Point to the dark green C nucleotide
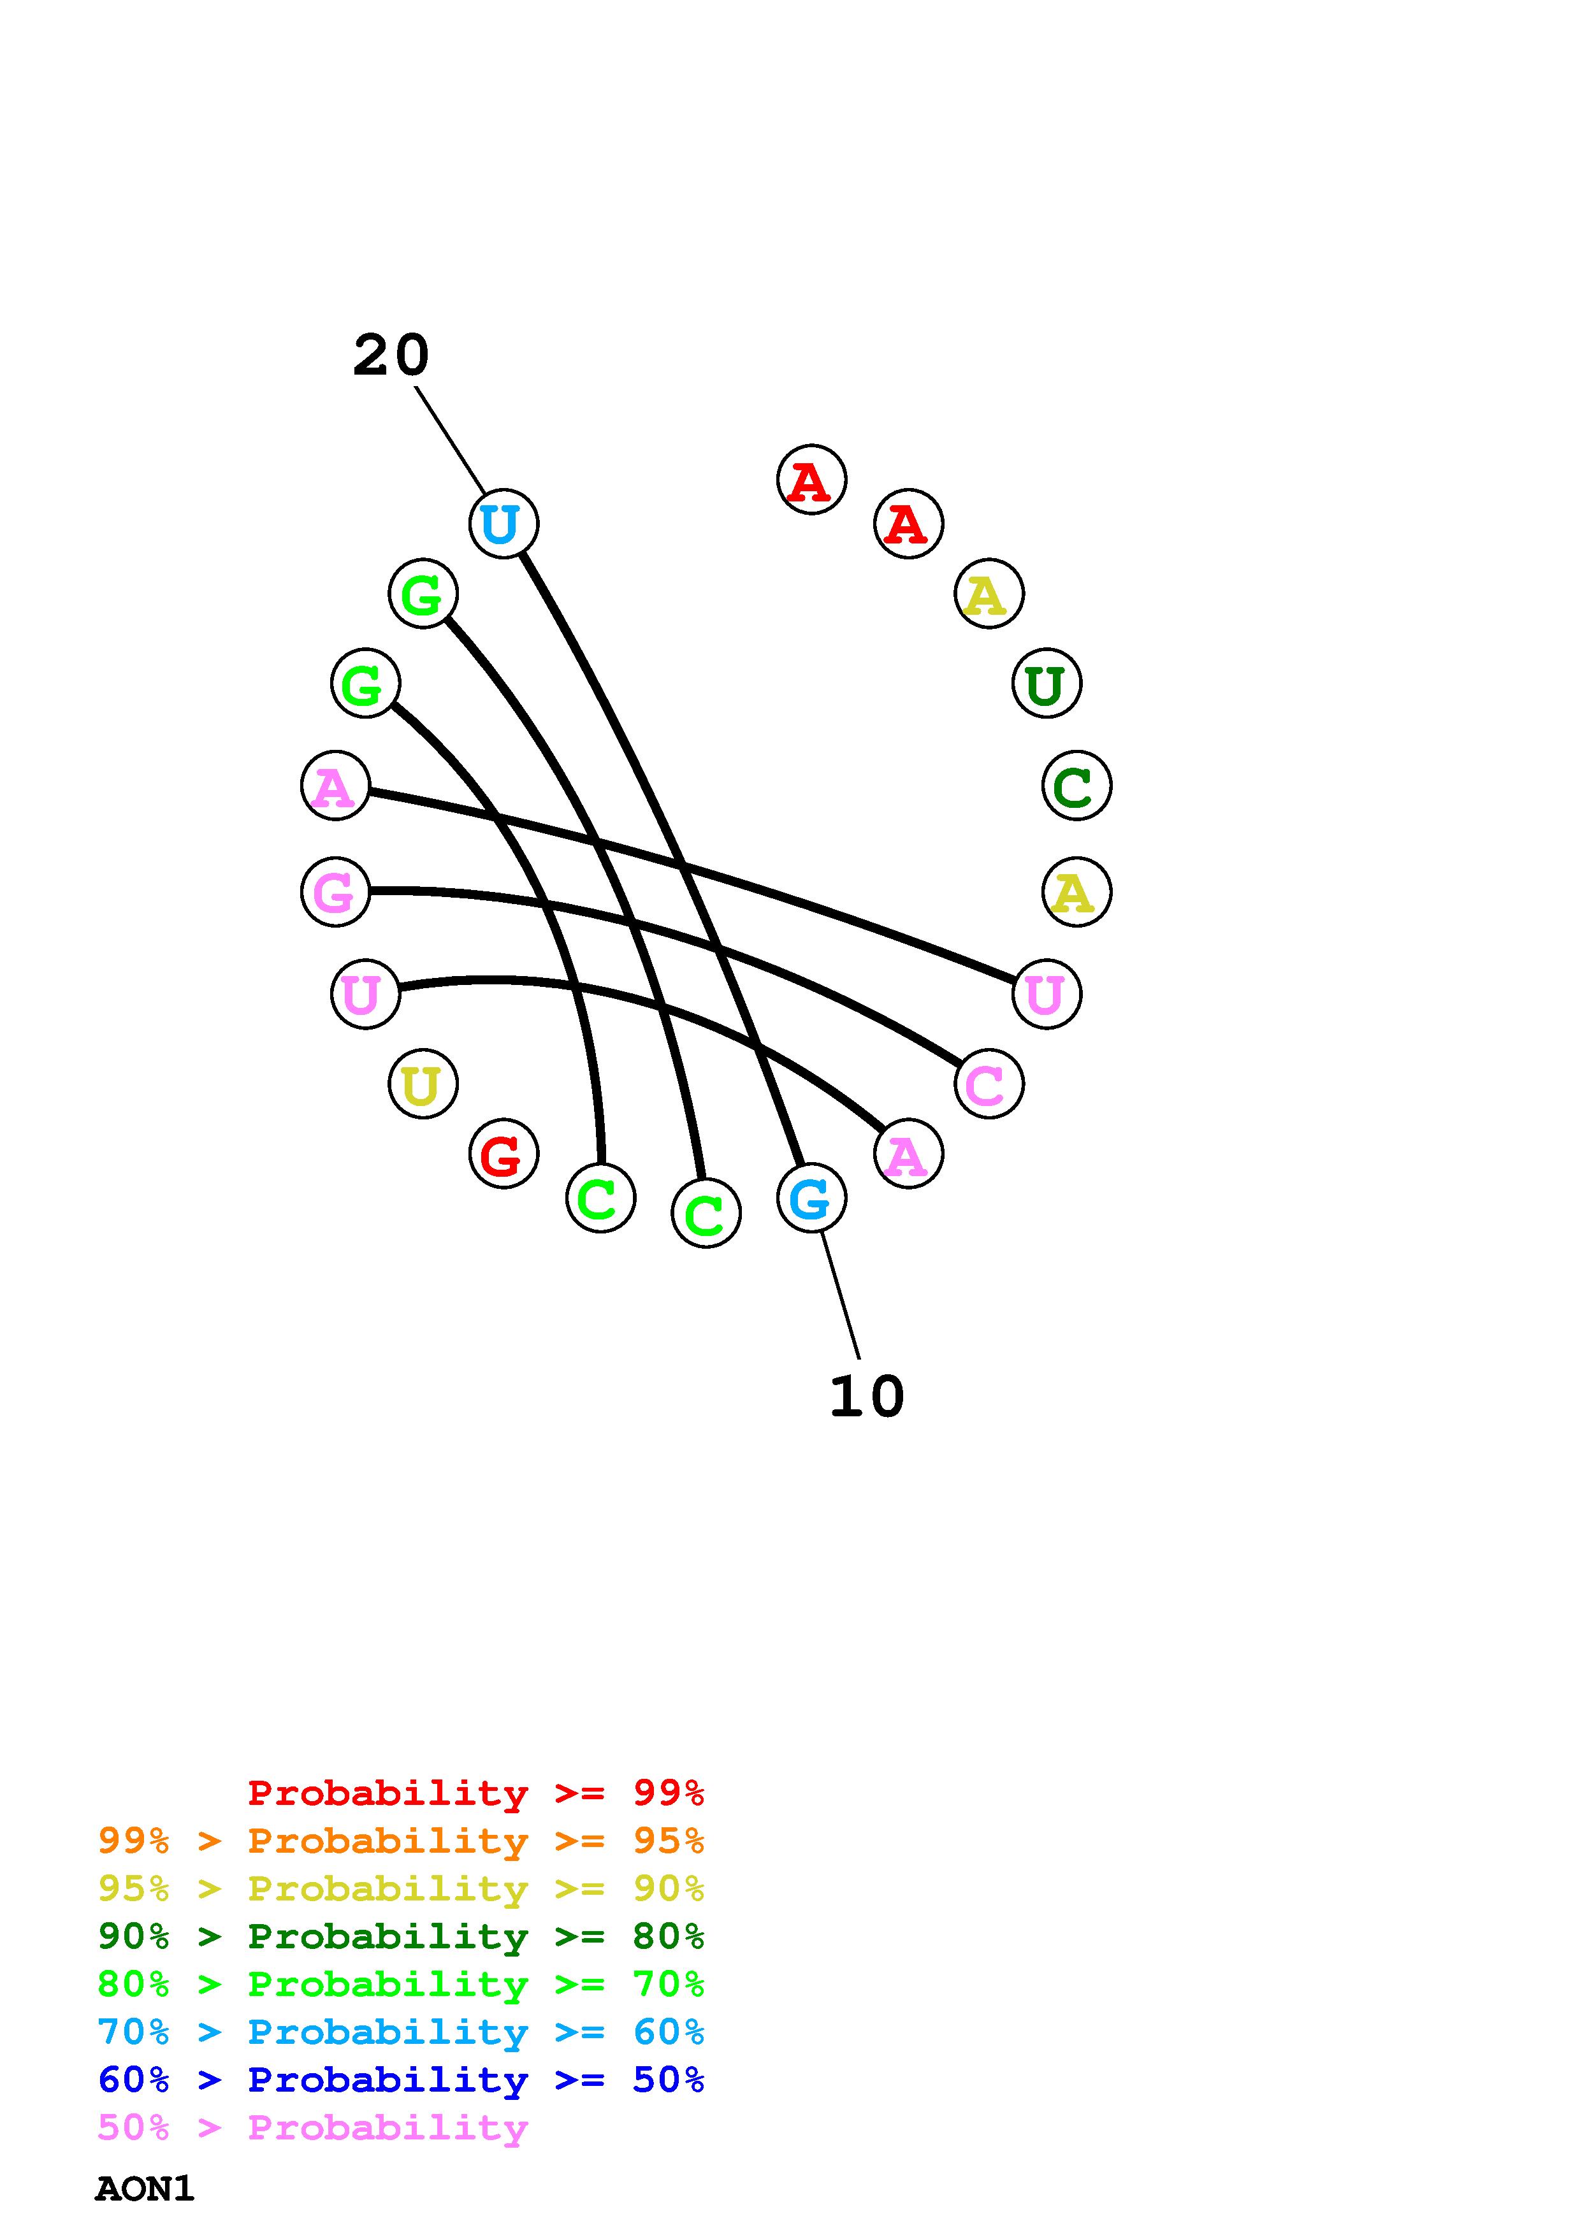(1076, 786)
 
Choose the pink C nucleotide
(988, 1084)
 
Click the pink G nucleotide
(335, 892)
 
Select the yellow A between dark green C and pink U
(1076, 892)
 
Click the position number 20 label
(390, 356)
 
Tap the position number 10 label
(866, 1397)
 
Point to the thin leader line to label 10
(840, 1295)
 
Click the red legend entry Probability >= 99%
(475, 1793)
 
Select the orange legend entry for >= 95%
(401, 1841)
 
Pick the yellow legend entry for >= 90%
(401, 1888)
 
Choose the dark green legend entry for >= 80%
(401, 1936)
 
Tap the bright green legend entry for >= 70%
(401, 1984)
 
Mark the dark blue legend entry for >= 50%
(401, 2080)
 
